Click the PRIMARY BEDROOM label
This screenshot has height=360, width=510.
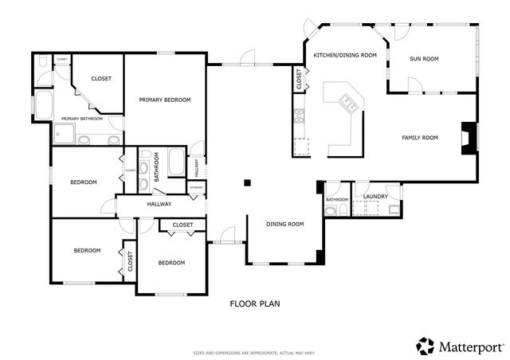click(x=165, y=100)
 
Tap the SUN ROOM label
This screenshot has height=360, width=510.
click(x=424, y=59)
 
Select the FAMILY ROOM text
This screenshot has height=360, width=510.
click(x=419, y=138)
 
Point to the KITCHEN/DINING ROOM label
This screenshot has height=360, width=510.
click(x=344, y=55)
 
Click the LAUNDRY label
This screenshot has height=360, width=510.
click(x=375, y=196)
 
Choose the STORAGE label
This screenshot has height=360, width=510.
click(x=196, y=187)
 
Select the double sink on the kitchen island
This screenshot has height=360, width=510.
click(x=348, y=101)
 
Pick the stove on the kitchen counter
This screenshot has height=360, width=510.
click(x=300, y=117)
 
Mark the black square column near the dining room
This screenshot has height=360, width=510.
click(x=248, y=182)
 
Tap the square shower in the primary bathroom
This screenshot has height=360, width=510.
click(x=63, y=134)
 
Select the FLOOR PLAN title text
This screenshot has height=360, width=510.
click(x=255, y=303)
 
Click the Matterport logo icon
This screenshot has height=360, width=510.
click(x=426, y=346)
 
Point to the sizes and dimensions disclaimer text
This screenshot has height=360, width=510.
click(x=255, y=352)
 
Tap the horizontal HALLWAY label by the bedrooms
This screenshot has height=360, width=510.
click(x=159, y=205)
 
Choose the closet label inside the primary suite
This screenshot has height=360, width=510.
click(x=101, y=78)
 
